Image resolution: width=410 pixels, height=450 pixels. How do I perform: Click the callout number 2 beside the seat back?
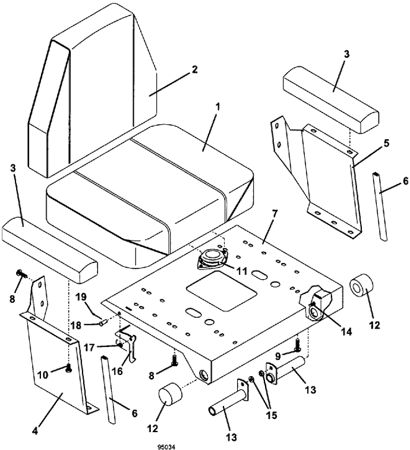click(194, 70)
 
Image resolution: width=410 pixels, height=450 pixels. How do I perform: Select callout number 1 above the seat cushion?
click(217, 107)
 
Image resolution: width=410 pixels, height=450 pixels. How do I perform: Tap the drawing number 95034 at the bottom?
click(166, 447)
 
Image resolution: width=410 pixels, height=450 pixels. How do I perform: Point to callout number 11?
click(242, 271)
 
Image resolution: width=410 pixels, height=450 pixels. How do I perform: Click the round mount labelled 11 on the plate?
click(212, 258)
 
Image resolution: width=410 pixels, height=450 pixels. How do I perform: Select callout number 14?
click(346, 332)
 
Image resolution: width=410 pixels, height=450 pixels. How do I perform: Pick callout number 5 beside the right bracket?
click(386, 143)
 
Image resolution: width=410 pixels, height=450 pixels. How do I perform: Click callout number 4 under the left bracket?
click(35, 432)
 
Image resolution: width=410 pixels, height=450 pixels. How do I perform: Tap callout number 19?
click(81, 297)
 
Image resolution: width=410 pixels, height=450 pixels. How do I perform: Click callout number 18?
click(77, 326)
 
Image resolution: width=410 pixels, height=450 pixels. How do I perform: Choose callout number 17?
click(89, 348)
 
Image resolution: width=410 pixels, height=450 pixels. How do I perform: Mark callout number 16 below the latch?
click(118, 371)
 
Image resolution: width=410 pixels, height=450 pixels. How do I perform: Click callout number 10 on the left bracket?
click(43, 375)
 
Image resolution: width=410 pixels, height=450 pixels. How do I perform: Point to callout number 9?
click(278, 356)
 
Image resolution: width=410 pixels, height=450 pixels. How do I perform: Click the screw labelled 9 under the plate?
click(298, 345)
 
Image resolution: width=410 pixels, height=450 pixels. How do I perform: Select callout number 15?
click(272, 415)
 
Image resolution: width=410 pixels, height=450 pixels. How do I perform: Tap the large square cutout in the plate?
click(222, 290)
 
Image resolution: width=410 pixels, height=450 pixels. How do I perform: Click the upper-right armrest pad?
click(331, 99)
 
